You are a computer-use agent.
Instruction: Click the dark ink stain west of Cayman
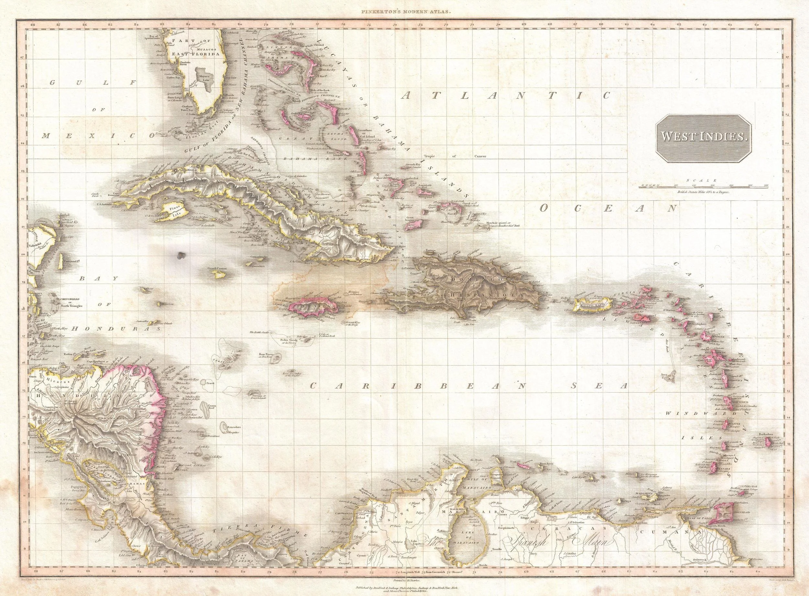pos(179,255)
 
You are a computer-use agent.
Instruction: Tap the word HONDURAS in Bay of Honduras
pos(116,329)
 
